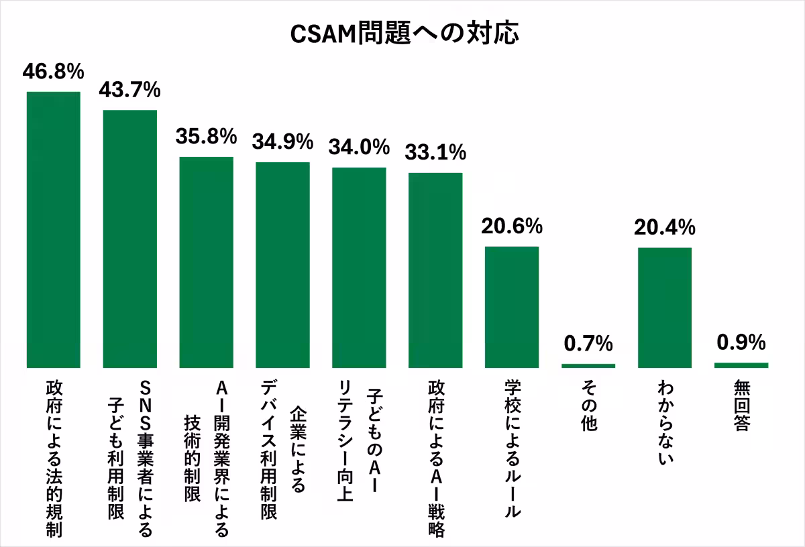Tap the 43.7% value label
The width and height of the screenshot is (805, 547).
pyautogui.click(x=129, y=89)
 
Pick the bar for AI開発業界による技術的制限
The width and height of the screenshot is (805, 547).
pyautogui.click(x=206, y=262)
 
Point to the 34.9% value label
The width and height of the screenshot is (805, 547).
pyautogui.click(x=282, y=141)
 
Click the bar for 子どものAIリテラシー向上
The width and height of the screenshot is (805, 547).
pyautogui.click(x=359, y=267)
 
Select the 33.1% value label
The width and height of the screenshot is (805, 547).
pyautogui.click(x=435, y=152)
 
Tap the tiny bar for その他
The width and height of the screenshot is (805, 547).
pyautogui.click(x=588, y=365)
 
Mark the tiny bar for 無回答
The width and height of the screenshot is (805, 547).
pyautogui.click(x=741, y=365)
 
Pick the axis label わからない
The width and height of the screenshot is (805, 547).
pyautogui.click(x=665, y=424)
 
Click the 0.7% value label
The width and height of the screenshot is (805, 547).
pyautogui.click(x=588, y=345)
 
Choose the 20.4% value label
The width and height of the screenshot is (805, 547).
pyautogui.click(x=665, y=228)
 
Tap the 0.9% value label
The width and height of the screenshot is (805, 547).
pyautogui.click(x=741, y=343)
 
